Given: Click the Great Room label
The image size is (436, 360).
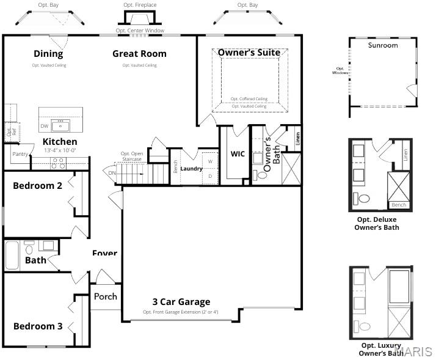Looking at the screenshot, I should [x=139, y=54].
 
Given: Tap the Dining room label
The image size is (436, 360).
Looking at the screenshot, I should [x=48, y=54].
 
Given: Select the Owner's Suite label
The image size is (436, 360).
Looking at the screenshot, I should [x=249, y=53].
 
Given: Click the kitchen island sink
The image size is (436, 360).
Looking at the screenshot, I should [x=60, y=125].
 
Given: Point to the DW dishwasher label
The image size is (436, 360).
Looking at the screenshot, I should [x=45, y=127].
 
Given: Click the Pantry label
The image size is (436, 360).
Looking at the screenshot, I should [x=20, y=154].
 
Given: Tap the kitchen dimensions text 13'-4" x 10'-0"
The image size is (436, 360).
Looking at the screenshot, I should [x=60, y=150].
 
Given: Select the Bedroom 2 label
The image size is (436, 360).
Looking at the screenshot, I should [x=37, y=186].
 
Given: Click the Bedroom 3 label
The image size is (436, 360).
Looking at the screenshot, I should [x=38, y=326].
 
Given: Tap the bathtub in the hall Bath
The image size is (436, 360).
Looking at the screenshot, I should [x=12, y=256].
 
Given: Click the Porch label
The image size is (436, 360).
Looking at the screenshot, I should [x=105, y=296].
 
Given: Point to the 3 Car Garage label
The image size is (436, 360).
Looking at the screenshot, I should [x=181, y=301].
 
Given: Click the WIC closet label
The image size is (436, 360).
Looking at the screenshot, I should [x=238, y=154].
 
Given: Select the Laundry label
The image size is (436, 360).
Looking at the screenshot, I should [x=191, y=169].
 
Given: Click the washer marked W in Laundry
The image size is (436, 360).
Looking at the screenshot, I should [x=210, y=161].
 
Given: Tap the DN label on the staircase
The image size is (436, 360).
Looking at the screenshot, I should [x=112, y=173].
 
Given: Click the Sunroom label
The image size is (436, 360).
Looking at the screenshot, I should [x=383, y=45].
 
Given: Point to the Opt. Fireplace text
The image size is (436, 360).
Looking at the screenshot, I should [x=140, y=5].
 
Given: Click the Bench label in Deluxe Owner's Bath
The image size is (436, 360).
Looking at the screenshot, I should [x=399, y=205].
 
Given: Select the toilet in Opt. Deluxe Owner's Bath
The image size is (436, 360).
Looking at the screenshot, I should [x=363, y=199].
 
